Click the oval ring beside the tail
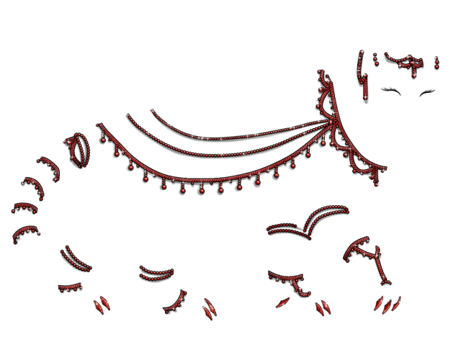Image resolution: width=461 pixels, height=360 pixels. click(x=79, y=148)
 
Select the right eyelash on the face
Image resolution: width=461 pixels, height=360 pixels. click(x=426, y=91)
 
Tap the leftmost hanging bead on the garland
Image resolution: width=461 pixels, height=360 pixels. click(x=115, y=153)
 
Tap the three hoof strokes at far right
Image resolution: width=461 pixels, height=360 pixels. click(x=388, y=304)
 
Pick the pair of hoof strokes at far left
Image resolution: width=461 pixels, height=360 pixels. click(x=99, y=305)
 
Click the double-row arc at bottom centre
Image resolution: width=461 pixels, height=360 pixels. click(x=156, y=273)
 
